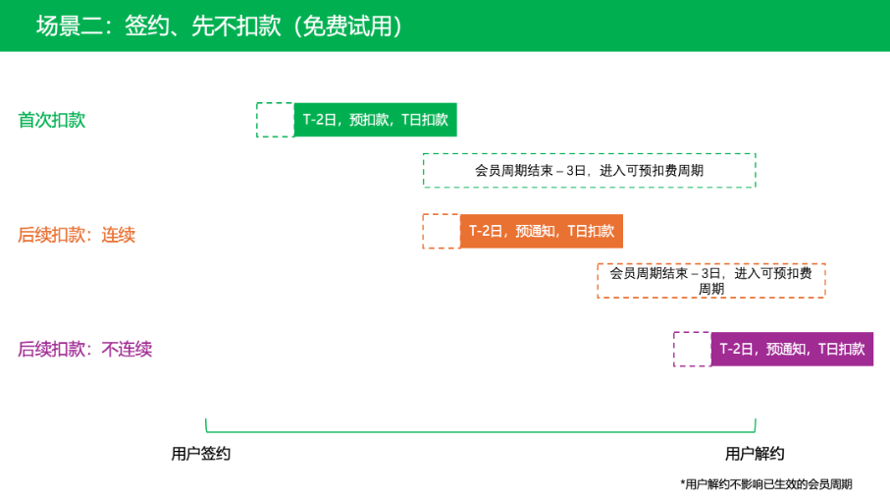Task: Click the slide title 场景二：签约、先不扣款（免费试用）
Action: (x=219, y=27)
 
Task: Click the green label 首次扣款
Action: (x=52, y=120)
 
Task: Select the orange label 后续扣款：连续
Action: (x=77, y=235)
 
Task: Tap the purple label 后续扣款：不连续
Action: (x=85, y=349)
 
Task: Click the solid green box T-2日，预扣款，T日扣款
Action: (x=376, y=120)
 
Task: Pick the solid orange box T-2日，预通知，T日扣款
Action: (x=542, y=231)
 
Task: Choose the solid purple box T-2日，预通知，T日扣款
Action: (x=792, y=349)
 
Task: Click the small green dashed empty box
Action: (x=275, y=120)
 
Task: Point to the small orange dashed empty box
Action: (x=442, y=231)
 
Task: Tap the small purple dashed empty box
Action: (x=692, y=349)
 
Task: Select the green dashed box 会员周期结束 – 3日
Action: (x=589, y=170)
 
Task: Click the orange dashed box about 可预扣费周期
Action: (x=711, y=281)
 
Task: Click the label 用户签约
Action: (x=201, y=454)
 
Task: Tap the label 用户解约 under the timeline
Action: (x=755, y=454)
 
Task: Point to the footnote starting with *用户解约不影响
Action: (x=766, y=484)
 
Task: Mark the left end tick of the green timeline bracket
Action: (x=206, y=424)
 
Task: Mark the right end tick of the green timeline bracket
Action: (x=755, y=424)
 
